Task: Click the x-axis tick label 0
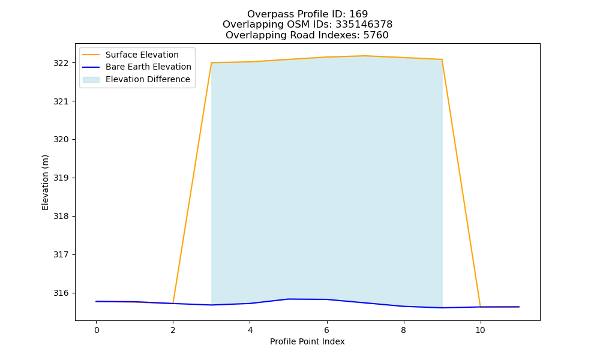point(97,330)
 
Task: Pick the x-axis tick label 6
point(327,330)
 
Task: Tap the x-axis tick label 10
point(480,330)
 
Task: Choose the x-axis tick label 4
point(250,330)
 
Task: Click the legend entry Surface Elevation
point(142,55)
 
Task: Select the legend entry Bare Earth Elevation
point(148,67)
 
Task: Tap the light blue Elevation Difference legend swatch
point(91,80)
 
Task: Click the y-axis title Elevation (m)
point(45,182)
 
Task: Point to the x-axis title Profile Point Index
point(307,341)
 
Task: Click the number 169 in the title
point(359,14)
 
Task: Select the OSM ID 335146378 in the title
point(364,25)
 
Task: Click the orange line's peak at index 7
point(365,56)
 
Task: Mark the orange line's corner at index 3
point(212,63)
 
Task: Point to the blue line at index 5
point(288,299)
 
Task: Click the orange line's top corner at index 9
point(442,59)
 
